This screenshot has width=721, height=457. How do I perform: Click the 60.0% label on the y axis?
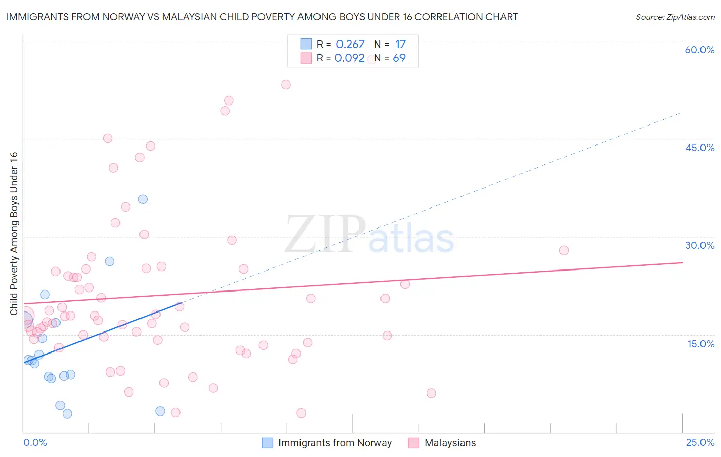click(699, 50)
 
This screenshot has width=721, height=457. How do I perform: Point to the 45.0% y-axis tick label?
click(699, 148)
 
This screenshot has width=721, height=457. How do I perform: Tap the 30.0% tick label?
click(699, 245)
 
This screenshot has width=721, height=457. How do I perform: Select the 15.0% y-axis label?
click(700, 344)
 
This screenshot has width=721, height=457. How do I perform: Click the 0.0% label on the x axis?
click(35, 442)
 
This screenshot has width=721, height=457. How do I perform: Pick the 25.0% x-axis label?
click(700, 442)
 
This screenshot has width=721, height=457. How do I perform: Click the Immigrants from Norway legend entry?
click(334, 443)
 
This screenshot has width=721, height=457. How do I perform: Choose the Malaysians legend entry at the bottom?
click(450, 443)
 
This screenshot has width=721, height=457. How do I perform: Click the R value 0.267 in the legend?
click(350, 45)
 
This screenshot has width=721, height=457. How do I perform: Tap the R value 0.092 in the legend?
click(350, 58)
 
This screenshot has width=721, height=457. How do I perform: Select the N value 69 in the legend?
click(399, 58)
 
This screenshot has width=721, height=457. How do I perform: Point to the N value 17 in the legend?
click(400, 45)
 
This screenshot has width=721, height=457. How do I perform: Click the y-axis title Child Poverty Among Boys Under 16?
click(14, 234)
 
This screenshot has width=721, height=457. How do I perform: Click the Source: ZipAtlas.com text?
click(675, 17)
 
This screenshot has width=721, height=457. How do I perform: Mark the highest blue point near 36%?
click(143, 199)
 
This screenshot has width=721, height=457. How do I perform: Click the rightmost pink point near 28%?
click(564, 251)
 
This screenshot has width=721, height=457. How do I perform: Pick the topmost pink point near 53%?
click(286, 85)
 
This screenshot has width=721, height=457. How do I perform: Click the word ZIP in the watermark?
click(325, 234)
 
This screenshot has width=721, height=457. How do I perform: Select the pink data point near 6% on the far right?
click(431, 393)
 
